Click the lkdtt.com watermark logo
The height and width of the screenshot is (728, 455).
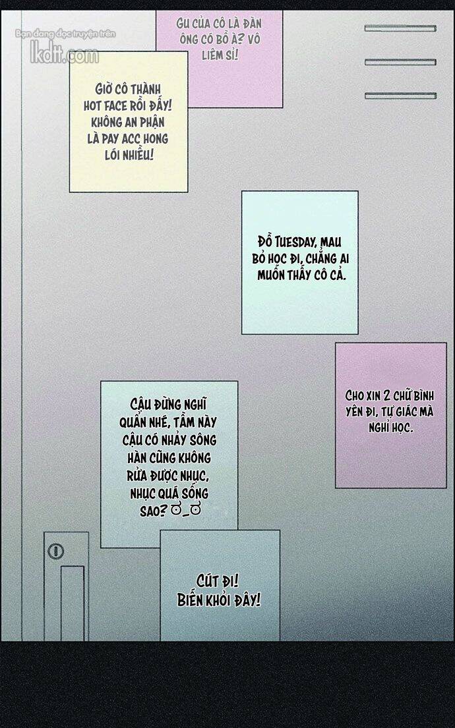point(65,55)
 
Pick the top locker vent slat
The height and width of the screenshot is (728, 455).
point(400,28)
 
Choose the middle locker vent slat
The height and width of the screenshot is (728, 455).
point(400,62)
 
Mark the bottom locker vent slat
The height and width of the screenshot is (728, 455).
point(400,96)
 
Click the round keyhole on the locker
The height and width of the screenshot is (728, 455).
point(56,551)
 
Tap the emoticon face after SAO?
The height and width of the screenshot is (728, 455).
point(185,511)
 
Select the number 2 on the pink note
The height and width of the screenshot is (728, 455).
point(387,395)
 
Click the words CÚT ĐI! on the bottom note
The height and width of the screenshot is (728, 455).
point(218,581)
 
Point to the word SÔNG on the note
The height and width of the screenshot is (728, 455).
point(203,439)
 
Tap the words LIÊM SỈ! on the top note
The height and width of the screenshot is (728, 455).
point(220,55)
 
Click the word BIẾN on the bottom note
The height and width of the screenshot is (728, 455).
point(190,600)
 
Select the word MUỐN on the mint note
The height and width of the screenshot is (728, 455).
point(272,275)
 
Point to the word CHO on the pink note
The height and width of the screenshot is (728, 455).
point(355,395)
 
